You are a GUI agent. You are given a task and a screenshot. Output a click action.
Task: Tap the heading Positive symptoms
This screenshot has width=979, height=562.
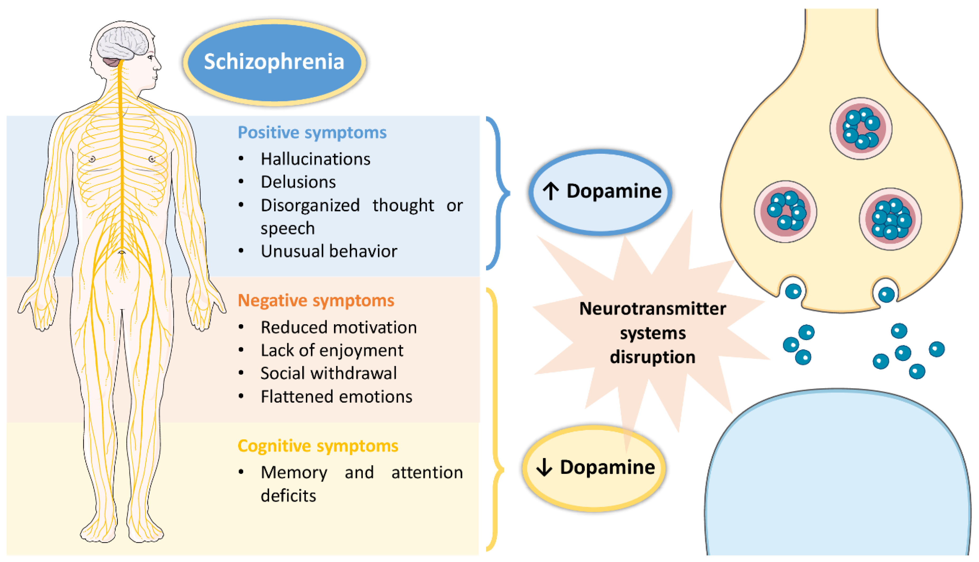312,132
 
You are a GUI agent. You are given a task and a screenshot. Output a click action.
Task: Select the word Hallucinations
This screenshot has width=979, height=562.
315,159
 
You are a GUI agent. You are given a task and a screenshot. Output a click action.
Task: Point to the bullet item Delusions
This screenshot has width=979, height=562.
298,182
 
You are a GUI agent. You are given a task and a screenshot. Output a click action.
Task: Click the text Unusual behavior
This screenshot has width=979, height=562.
329,251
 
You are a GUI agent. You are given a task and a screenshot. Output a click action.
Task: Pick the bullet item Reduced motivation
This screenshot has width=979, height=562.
338,327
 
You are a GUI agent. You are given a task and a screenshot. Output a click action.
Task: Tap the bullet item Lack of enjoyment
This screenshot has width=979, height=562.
331,350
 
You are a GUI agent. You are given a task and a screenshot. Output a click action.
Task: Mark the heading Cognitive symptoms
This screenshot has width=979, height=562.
317,446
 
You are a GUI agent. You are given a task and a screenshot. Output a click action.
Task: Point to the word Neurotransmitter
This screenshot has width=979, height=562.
652,309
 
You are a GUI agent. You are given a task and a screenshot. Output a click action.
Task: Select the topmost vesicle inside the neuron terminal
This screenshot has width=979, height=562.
860,128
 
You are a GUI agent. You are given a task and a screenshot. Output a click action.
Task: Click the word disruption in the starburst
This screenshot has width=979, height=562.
652,357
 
